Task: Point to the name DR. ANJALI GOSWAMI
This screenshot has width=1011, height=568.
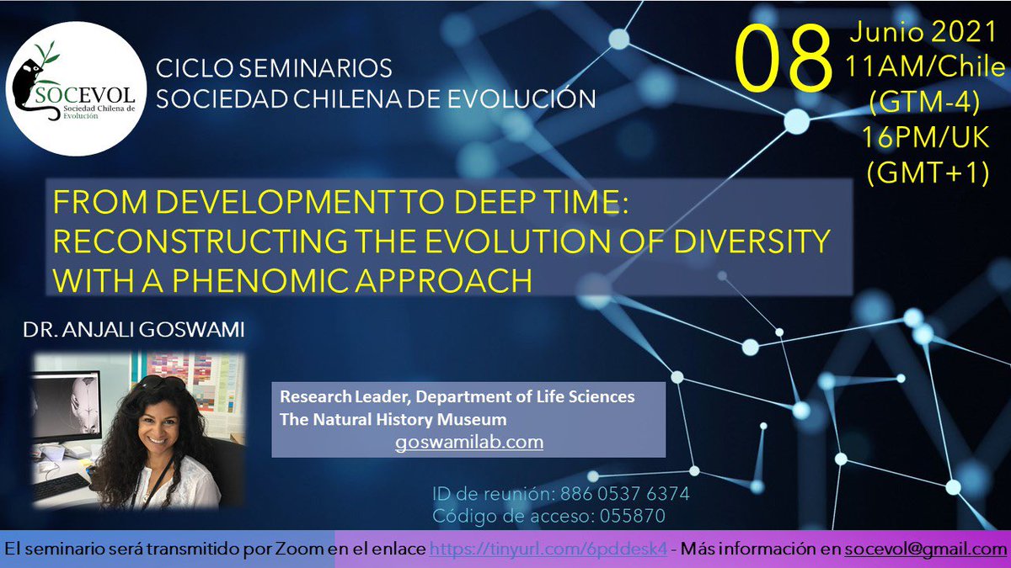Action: pyautogui.click(x=135, y=331)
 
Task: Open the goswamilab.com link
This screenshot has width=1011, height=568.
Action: pyautogui.click(x=468, y=441)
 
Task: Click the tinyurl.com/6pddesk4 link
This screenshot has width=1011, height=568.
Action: pyautogui.click(x=548, y=549)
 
